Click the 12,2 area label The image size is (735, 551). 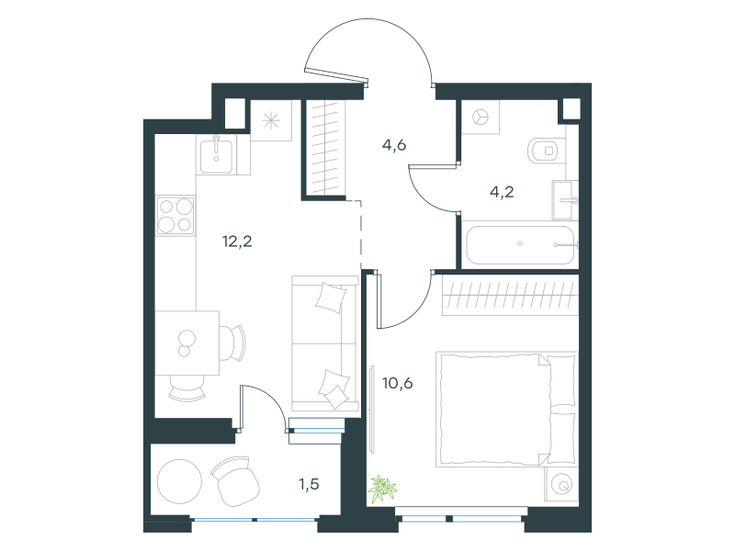coord(237,242)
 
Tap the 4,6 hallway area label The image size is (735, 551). coord(394,145)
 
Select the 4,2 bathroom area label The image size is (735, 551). coord(502,192)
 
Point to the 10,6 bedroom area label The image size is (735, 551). coord(398,383)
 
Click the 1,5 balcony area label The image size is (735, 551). coord(310,484)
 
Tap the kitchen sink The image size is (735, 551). coord(216,155)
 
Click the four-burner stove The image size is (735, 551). coord(175,215)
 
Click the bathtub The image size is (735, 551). coord(520,244)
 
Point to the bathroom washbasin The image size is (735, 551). coord(564,200)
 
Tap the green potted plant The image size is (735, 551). coord(382,489)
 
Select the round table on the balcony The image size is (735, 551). coord(179,481)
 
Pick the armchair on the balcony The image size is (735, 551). coord(235,481)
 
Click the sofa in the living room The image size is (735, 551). coord(324,343)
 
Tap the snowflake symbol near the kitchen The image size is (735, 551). coord(271,121)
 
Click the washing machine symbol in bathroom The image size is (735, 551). coord(480,118)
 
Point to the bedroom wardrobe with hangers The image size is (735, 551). coord(510,296)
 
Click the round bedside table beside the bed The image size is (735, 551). coord(561,485)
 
